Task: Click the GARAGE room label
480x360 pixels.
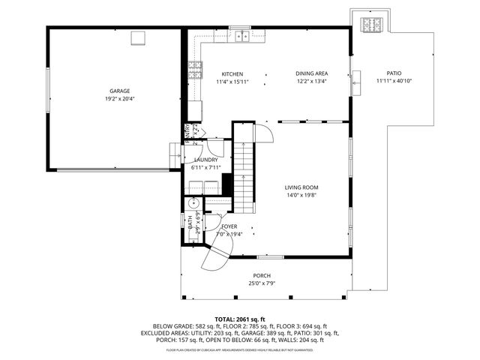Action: tap(115, 91)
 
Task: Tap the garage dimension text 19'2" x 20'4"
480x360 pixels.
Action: tap(115, 98)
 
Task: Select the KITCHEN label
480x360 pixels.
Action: tap(232, 73)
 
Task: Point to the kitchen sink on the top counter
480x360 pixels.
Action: tap(241, 35)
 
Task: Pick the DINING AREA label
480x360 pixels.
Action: tap(311, 73)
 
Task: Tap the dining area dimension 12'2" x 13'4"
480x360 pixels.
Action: tap(311, 81)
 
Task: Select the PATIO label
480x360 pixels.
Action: tap(394, 73)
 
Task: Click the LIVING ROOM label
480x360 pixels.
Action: tap(301, 187)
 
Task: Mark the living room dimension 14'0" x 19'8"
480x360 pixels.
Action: tap(301, 195)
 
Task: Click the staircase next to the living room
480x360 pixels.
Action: tap(243, 169)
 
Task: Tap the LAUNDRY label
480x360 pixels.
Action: tap(205, 160)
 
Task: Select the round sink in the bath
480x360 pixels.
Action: tap(192, 202)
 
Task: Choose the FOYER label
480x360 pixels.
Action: tap(229, 226)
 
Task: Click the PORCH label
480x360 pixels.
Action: tap(261, 276)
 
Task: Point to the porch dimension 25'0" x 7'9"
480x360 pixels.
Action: tap(261, 283)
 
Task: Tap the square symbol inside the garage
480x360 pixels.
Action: tap(138, 38)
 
